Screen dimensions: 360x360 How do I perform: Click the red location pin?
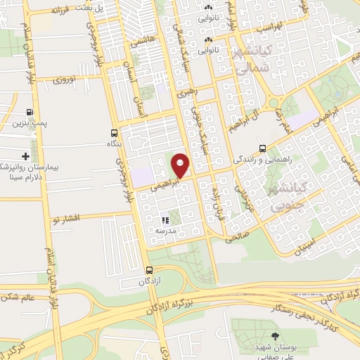click(x=181, y=166)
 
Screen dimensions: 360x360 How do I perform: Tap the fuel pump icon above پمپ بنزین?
click(x=29, y=112)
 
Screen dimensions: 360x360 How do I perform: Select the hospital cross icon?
click(x=25, y=155)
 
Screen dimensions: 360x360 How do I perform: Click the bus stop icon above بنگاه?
click(x=114, y=132)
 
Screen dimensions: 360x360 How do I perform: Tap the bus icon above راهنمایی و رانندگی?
click(x=262, y=148)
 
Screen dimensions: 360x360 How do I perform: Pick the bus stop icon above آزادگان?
click(x=148, y=270)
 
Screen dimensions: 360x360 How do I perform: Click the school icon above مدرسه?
click(x=165, y=220)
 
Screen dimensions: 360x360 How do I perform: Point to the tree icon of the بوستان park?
click(x=274, y=336)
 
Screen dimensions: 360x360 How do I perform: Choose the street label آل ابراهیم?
click(x=242, y=118)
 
